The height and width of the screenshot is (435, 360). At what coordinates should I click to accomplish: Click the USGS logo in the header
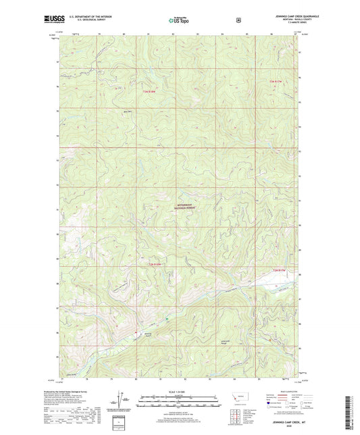tap(51, 20)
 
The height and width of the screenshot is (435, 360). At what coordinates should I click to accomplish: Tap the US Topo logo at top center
tap(179, 21)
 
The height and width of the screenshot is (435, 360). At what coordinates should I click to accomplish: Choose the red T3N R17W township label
tap(272, 82)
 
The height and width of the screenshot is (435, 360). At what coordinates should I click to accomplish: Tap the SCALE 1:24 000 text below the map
tap(179, 392)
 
